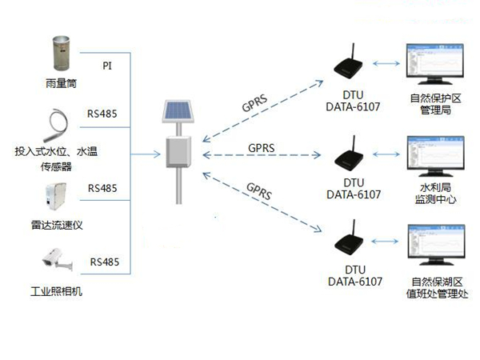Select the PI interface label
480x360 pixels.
107,65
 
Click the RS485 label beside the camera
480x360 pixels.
104,262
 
